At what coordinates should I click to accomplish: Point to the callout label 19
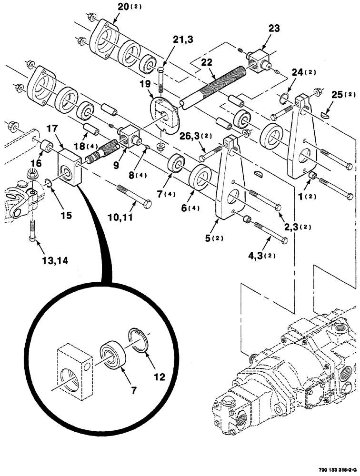(145, 84)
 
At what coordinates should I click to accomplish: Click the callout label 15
(66, 215)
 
